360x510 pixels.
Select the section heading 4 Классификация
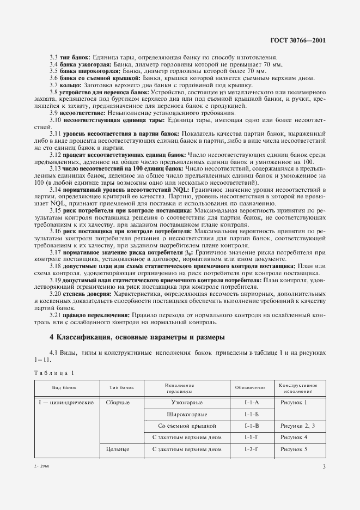(137, 337)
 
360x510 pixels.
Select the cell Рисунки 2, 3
(298, 426)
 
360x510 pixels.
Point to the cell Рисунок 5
(294, 450)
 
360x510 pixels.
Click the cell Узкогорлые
(187, 403)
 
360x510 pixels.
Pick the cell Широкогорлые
(187, 414)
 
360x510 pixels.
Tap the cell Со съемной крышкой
(187, 426)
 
